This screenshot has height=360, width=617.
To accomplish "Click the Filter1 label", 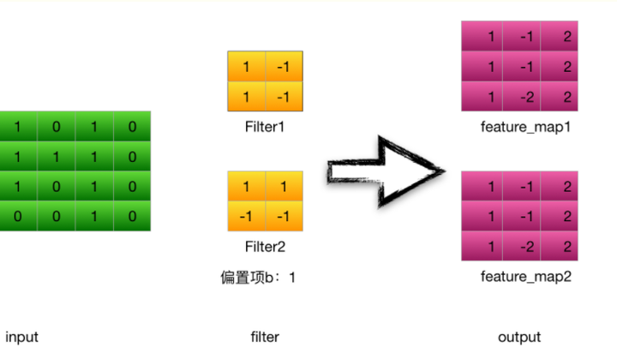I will (x=265, y=127).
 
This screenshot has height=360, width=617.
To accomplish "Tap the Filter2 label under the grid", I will (x=265, y=247).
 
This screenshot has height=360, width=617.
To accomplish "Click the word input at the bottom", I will (x=22, y=337).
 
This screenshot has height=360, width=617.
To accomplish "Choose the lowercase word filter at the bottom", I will (x=265, y=337).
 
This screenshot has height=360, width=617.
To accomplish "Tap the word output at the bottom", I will (x=519, y=337).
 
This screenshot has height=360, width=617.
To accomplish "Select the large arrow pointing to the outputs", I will (x=386, y=171).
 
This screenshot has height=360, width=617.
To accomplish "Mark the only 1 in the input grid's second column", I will (x=56, y=157).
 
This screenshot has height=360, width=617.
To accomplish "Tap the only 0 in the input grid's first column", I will (x=18, y=216).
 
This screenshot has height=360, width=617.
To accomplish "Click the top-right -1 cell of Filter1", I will (x=284, y=67).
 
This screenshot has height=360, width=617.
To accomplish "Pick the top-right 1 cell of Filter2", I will (x=284, y=186).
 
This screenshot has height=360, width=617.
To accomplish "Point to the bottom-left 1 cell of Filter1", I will (x=245, y=97).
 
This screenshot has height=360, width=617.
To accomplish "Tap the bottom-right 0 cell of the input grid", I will (x=132, y=216).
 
